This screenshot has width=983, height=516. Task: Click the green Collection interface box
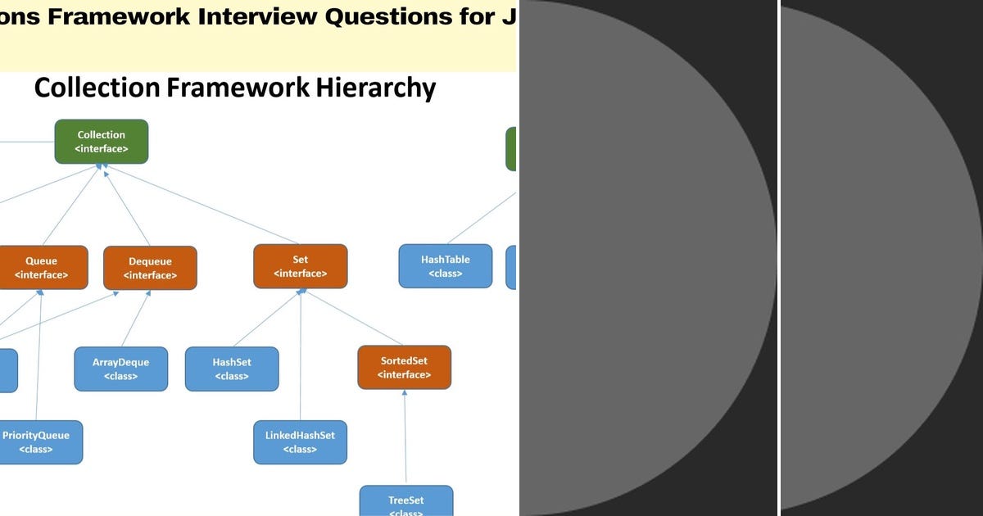pos(102,142)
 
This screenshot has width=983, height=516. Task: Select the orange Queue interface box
pos(41,268)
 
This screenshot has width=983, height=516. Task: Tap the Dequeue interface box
pos(150,268)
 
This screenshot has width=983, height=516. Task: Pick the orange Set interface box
pos(300,266)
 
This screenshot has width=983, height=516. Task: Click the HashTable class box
pos(446,266)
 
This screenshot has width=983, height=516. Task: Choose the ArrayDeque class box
pos(121,369)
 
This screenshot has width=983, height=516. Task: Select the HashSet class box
pos(232,369)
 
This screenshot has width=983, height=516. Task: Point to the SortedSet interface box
pos(404,367)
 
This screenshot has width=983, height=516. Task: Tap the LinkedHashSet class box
pos(300,442)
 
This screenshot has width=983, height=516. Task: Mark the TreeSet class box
pos(406,500)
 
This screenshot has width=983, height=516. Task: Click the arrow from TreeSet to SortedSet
pos(405,438)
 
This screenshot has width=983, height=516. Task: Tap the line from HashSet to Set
pos(265,318)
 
